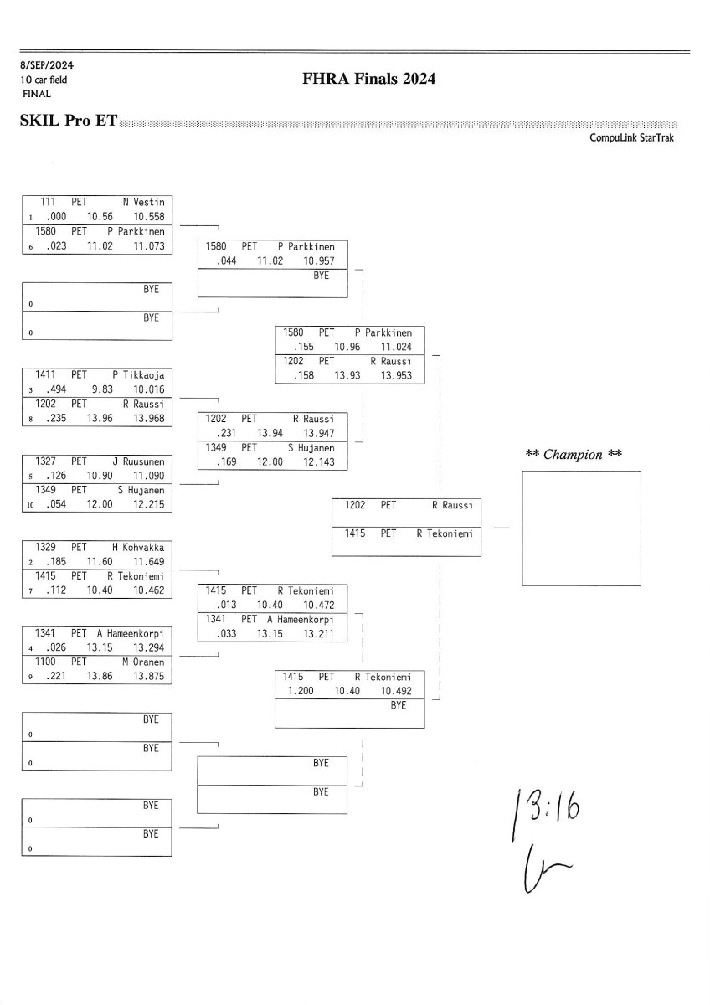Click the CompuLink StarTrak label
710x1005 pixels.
631,138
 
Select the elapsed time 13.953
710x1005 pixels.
395,375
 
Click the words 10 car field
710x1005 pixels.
44,80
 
